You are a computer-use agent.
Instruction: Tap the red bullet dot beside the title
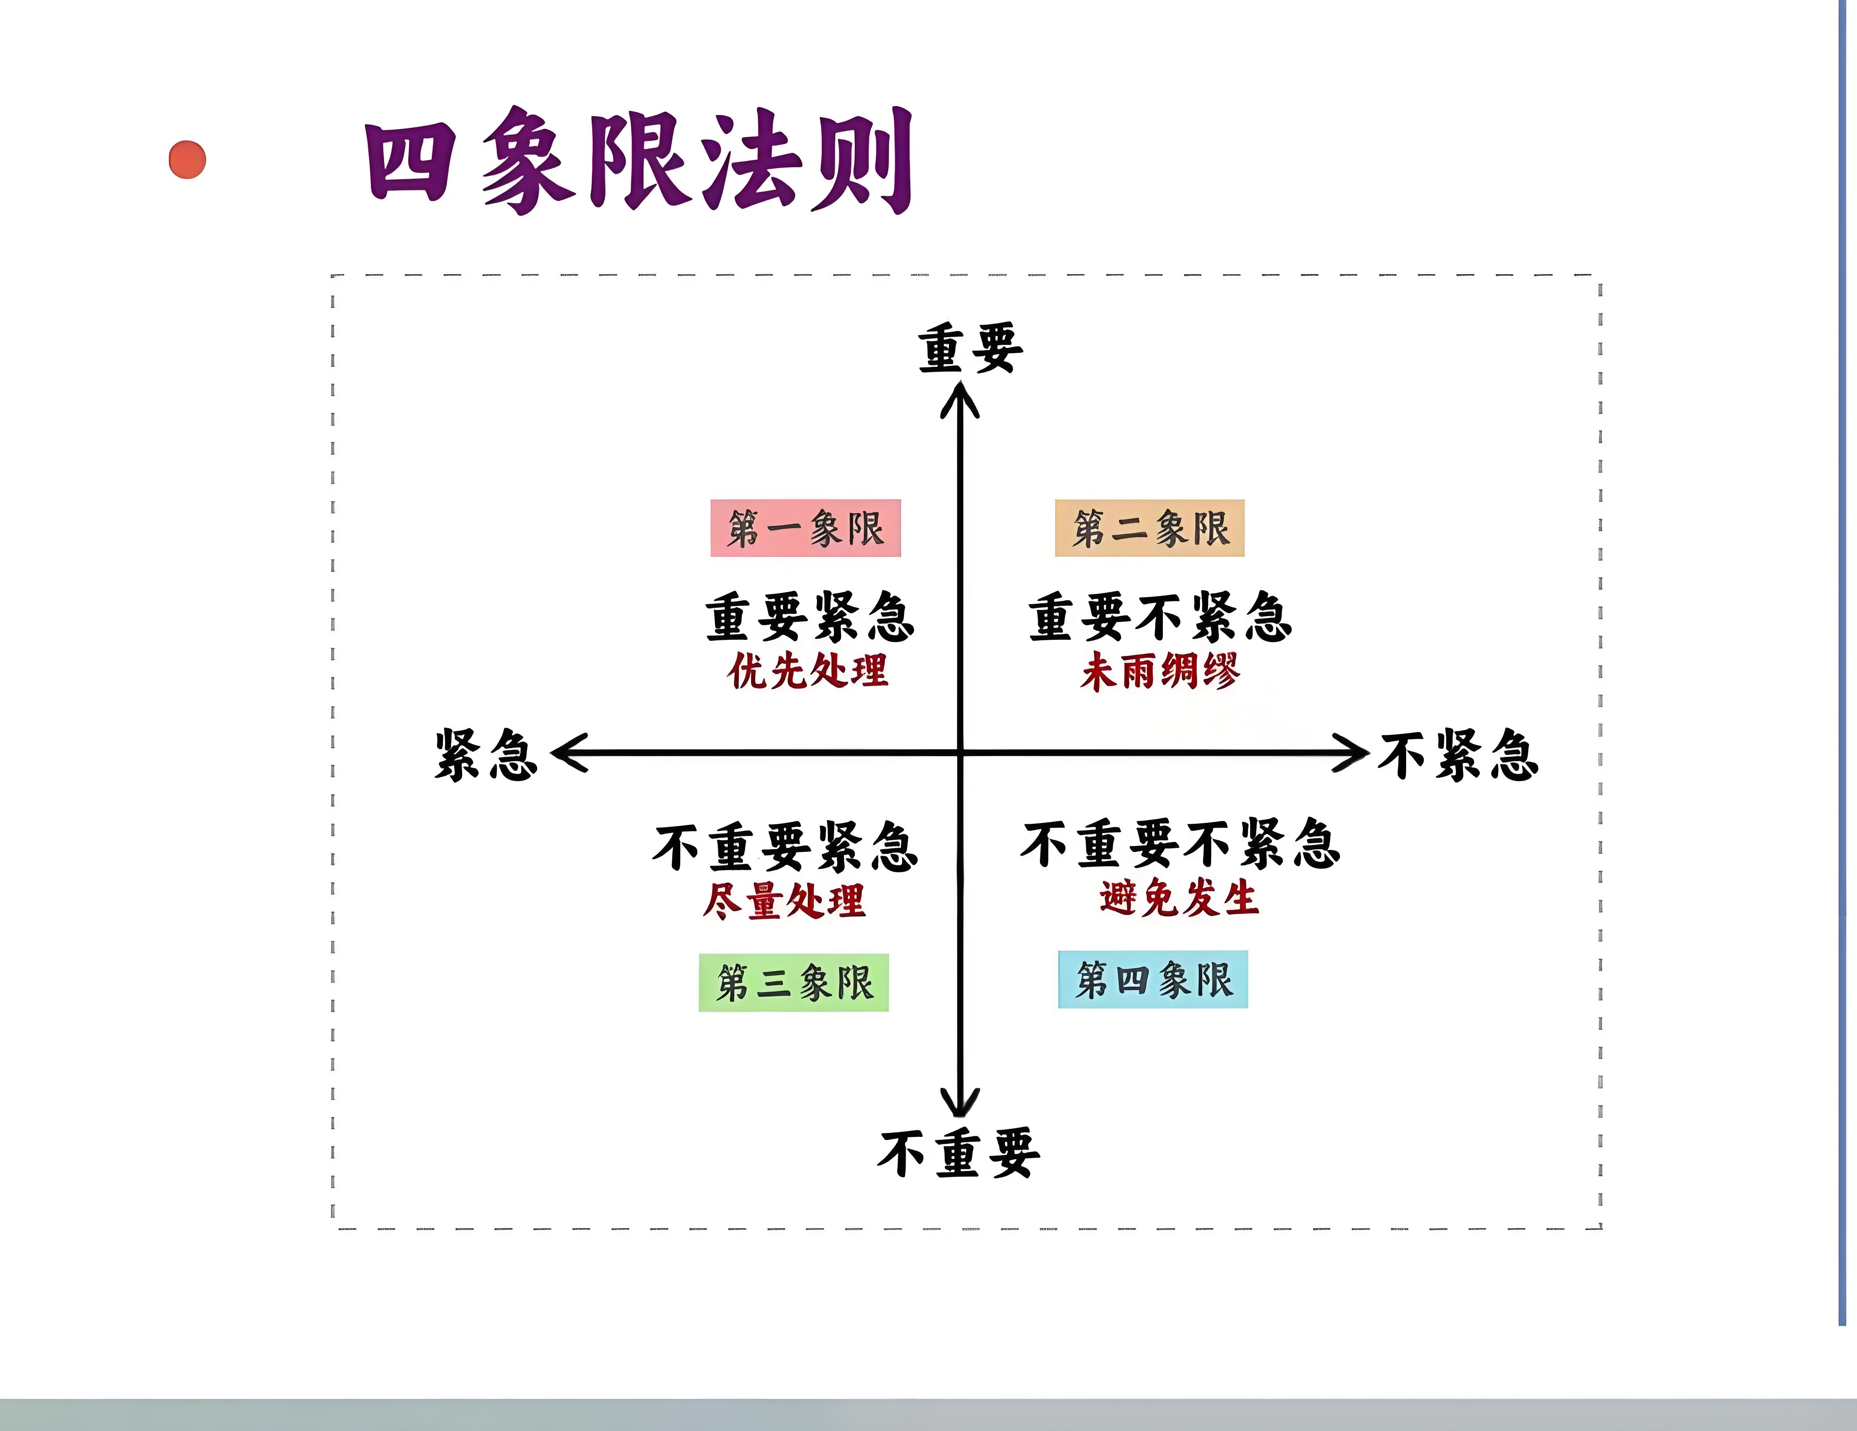tap(187, 160)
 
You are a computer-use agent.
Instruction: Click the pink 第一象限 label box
tap(805, 528)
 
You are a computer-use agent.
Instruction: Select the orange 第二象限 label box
tap(1149, 528)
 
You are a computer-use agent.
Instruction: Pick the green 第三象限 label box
tap(793, 982)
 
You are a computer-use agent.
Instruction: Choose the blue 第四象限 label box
tap(1153, 979)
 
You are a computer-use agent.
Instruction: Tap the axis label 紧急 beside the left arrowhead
tap(486, 755)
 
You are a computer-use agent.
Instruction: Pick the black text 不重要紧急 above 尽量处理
tap(786, 847)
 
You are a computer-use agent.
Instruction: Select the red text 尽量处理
tap(784, 901)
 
